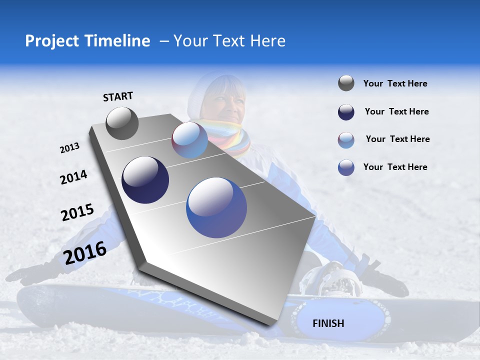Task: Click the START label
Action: tap(118, 96)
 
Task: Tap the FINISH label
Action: tap(328, 323)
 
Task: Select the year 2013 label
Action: tap(70, 147)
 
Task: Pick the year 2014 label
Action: tap(73, 177)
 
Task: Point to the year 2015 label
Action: tap(77, 212)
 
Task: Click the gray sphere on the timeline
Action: tap(122, 123)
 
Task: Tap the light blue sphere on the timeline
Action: tap(190, 140)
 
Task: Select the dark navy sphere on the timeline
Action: tap(145, 180)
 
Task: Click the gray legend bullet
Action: tap(346, 83)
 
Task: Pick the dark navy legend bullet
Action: tap(346, 112)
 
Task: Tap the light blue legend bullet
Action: tap(346, 140)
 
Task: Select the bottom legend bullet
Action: tap(346, 167)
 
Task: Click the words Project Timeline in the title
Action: tap(87, 41)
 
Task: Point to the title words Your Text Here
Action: tap(229, 41)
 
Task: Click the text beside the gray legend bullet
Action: tap(395, 83)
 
